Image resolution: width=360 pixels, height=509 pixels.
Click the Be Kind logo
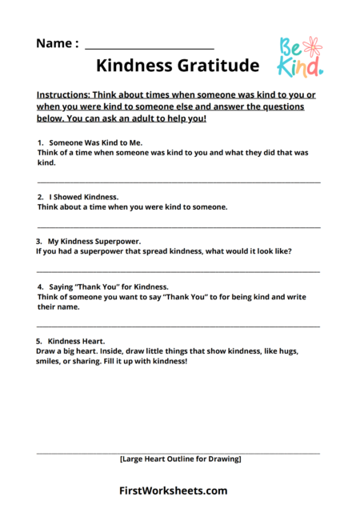point(300,58)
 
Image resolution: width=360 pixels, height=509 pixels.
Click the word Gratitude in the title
point(220,66)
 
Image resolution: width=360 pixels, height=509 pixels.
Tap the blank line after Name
point(149,48)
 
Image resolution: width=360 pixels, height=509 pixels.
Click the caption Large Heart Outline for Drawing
point(180,459)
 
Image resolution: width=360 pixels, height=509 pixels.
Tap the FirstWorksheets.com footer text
point(174,491)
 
